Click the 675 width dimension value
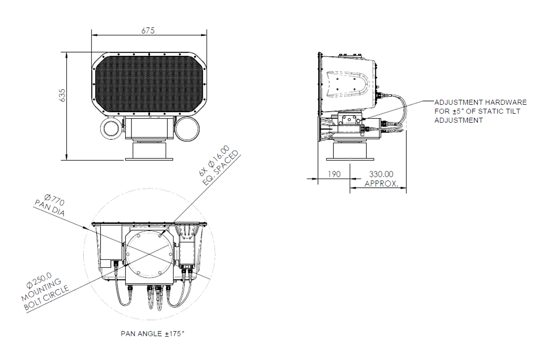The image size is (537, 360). tap(148, 31)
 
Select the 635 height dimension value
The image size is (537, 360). tap(62, 96)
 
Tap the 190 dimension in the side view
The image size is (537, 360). tap(334, 174)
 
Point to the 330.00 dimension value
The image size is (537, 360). tap(381, 174)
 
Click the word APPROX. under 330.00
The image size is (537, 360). tap(381, 184)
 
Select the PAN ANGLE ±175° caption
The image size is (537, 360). tap(153, 334)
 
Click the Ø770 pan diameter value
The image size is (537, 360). tap(55, 200)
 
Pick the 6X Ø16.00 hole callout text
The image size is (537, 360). tap(214, 161)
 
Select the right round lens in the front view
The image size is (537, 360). tap(187, 129)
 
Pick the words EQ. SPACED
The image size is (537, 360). tap(221, 168)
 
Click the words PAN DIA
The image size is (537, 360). tap(50, 208)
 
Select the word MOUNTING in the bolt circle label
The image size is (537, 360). tap(41, 290)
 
